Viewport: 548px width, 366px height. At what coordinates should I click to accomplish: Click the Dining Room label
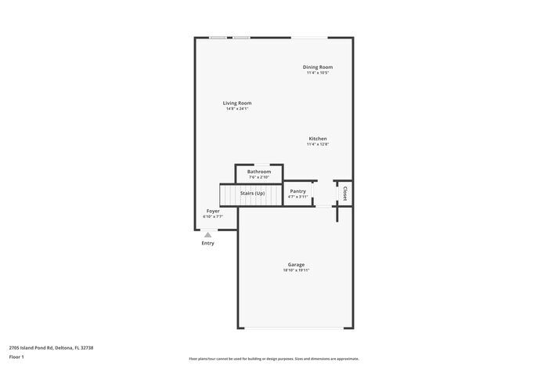tap(318, 67)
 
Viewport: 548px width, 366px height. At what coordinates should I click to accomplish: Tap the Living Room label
tap(237, 103)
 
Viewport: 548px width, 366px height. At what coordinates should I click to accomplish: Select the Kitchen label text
tap(317, 139)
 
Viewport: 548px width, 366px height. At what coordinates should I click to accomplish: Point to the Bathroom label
tap(259, 172)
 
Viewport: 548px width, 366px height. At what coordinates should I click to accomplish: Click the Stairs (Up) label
tap(252, 193)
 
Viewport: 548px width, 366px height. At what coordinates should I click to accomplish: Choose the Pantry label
tap(297, 191)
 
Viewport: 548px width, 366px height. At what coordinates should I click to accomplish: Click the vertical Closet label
tap(344, 193)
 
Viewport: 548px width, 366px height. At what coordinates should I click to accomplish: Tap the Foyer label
tap(213, 211)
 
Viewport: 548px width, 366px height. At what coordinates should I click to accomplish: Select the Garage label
tap(296, 264)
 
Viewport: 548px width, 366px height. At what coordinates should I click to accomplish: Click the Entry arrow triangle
tap(207, 234)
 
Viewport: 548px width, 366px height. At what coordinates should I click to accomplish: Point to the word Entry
tap(207, 243)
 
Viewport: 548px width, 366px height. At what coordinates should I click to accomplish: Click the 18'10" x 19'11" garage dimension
tap(296, 270)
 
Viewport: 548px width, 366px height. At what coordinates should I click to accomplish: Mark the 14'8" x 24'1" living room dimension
tap(237, 109)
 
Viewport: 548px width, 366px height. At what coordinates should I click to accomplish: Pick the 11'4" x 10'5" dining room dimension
tap(318, 73)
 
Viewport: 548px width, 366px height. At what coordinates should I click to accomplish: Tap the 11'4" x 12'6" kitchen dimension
tap(317, 144)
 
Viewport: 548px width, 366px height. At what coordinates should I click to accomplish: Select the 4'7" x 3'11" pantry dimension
tap(297, 197)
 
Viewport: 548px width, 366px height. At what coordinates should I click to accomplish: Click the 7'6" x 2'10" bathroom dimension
tap(259, 177)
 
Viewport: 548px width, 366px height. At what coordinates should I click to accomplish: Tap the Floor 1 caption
tap(16, 357)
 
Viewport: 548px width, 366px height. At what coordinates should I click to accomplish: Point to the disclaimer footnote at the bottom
tap(273, 358)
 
